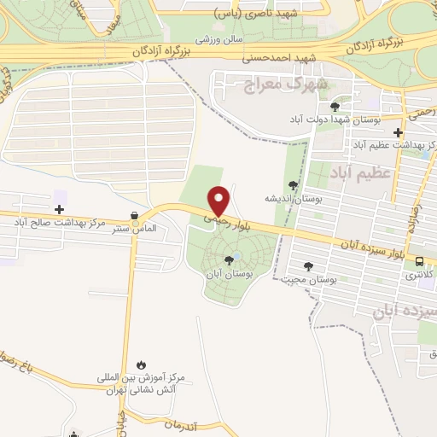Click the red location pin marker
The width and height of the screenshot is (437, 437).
pos(220,201)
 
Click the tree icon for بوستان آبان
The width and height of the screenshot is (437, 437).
pos(229,260)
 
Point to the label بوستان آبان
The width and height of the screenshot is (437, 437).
pos(229,275)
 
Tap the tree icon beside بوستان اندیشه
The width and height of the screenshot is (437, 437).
pos(294,185)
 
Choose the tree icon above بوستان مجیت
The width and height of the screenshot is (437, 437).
pos(308,266)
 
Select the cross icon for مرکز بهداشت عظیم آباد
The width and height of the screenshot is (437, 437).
pos(398,132)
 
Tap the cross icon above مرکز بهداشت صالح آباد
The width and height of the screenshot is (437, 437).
pos(59,209)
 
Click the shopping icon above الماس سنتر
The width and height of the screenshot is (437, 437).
pos(133,216)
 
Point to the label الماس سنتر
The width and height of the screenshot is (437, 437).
pos(132,229)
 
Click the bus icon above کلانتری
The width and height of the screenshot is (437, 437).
pos(418,262)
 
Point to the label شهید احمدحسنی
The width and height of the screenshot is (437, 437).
pos(280,58)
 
